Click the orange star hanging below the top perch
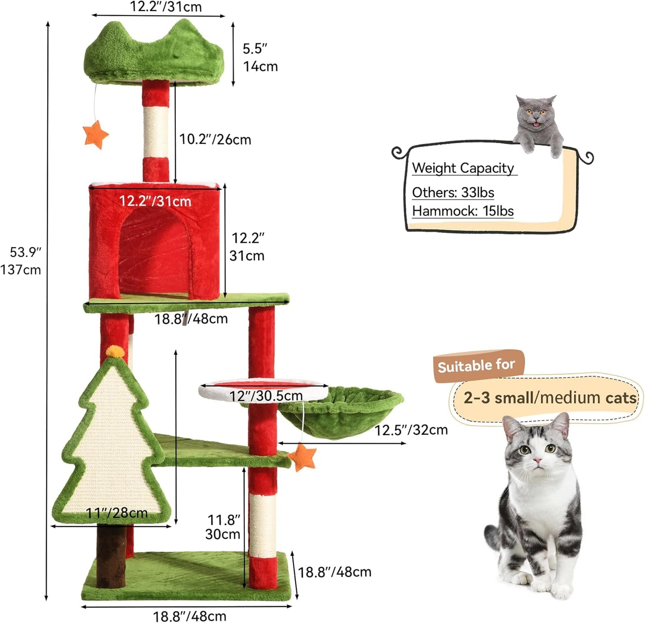[x=96, y=135]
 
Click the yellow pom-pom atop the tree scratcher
[x=115, y=351]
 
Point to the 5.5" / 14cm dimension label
[x=260, y=58]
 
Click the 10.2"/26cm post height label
[x=215, y=140]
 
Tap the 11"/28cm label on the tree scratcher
[x=117, y=513]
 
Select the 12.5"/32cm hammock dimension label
[x=411, y=430]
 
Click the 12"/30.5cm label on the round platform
[x=266, y=396]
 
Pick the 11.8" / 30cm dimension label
[x=223, y=527]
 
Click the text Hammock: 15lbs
[x=462, y=211]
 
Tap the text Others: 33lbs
[x=453, y=192]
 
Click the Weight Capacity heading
[x=463, y=168]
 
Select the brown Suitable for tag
[x=477, y=366]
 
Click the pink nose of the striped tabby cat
[x=537, y=460]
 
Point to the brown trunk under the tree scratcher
[x=111, y=555]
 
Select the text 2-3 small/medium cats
[x=549, y=397]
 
